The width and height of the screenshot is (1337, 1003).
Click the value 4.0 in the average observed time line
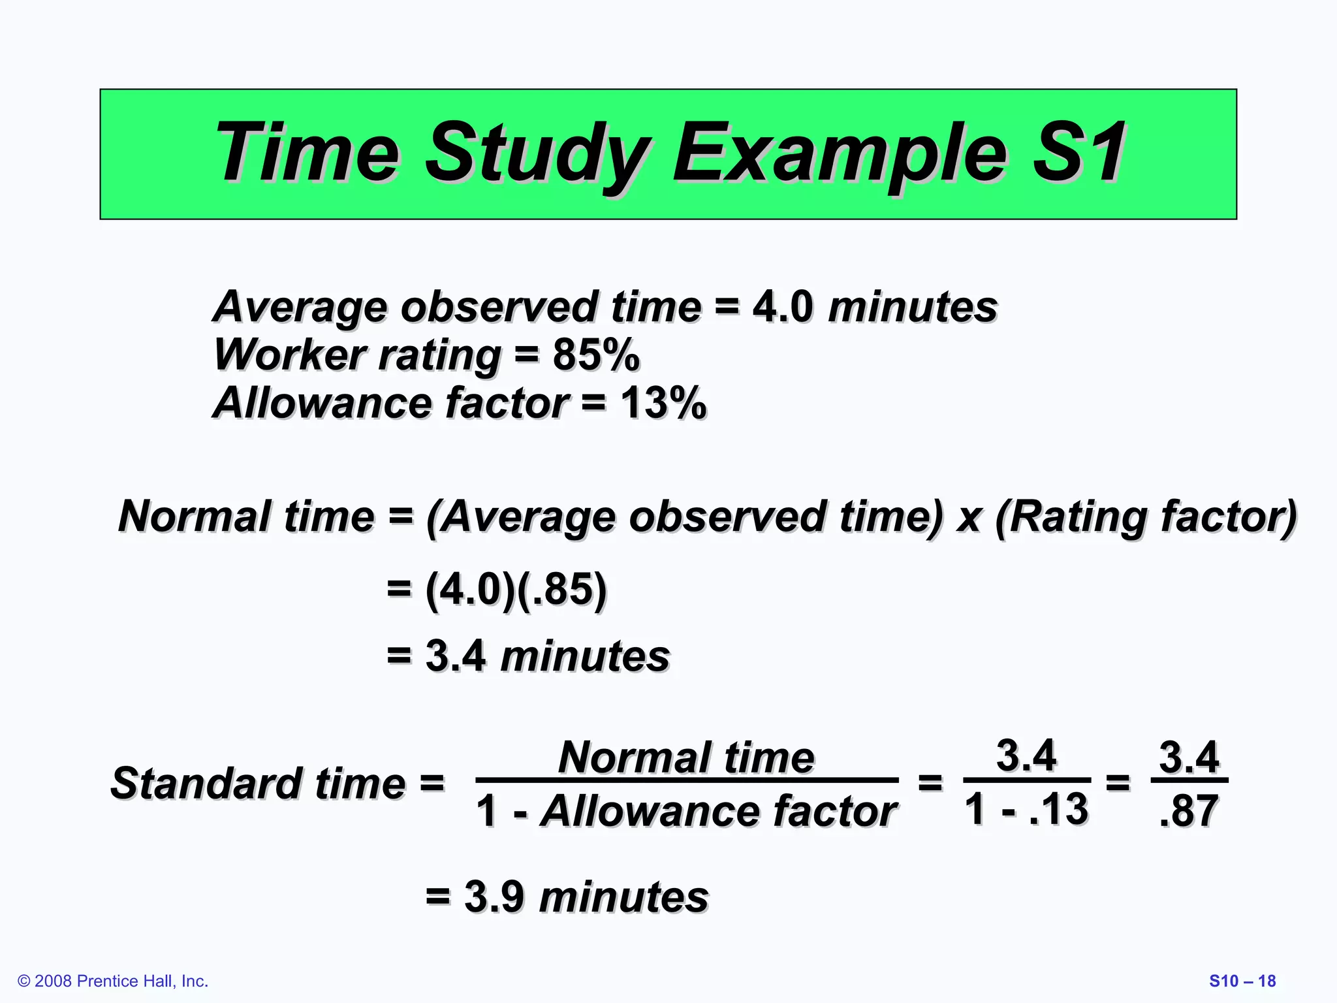782,307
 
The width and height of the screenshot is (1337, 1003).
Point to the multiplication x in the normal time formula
969,518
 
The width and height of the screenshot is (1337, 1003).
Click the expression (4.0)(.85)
516,589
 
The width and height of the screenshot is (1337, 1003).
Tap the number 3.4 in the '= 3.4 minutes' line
455,656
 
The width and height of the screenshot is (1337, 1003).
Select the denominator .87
1188,811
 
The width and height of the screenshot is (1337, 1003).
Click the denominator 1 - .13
1026,809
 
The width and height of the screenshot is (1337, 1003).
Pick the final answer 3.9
494,897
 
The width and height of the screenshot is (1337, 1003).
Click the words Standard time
258,783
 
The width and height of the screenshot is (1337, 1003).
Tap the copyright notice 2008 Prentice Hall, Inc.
113,981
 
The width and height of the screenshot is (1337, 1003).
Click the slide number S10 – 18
1242,981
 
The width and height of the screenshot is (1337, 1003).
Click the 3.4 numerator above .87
1188,757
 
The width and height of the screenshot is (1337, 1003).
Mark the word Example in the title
840,153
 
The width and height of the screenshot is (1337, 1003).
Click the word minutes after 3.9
623,897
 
